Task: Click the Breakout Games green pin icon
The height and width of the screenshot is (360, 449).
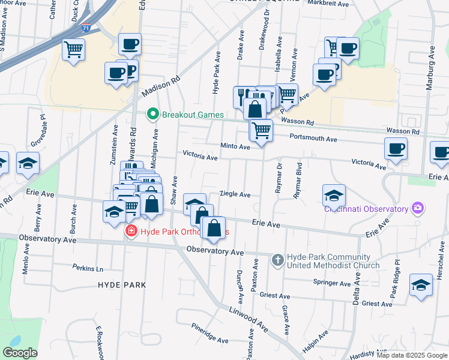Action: tap(152, 114)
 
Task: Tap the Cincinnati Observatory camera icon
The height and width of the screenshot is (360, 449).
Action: tap(418, 209)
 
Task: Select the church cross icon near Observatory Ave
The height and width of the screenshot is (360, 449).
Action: tap(277, 260)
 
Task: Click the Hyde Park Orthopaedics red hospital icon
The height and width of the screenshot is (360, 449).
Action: tap(130, 231)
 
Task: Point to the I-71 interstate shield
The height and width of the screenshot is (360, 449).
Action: tap(87, 28)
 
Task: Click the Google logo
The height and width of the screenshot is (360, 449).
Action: tap(20, 353)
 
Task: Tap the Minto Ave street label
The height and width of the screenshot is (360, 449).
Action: tap(235, 146)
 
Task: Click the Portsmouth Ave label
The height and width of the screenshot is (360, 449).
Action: tap(313, 138)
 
